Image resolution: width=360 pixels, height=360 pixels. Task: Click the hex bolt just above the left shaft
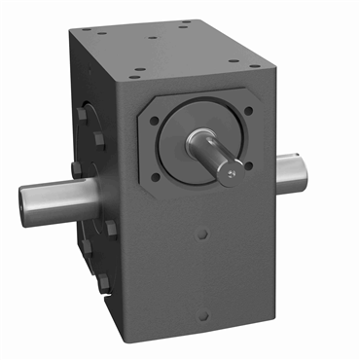[x=76, y=170]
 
